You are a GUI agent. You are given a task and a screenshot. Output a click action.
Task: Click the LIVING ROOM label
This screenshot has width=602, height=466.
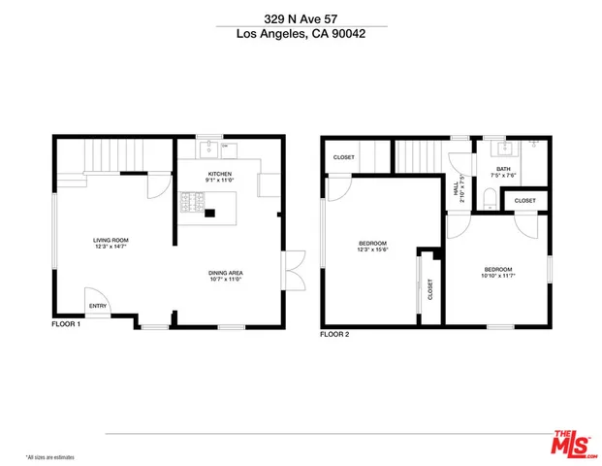[111, 240]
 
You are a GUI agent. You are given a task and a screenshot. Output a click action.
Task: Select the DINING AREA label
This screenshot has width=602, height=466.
[225, 273]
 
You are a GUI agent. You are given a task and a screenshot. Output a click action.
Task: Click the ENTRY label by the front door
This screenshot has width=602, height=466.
[98, 306]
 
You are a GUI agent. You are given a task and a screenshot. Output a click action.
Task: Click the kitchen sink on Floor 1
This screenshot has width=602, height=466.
[208, 150]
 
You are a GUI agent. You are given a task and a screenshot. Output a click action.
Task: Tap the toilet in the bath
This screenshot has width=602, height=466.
[489, 201]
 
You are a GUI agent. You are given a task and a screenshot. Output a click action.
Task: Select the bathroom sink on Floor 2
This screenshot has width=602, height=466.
[503, 150]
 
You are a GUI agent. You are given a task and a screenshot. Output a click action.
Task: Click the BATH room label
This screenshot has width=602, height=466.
[503, 169]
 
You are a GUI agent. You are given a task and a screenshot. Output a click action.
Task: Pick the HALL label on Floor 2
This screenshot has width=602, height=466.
[457, 187]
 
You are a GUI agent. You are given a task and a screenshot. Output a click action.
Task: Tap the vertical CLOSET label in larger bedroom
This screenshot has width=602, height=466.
[430, 288]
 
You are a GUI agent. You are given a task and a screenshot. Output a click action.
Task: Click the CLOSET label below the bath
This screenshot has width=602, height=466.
[524, 201]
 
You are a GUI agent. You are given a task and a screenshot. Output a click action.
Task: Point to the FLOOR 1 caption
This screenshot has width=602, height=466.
[66, 324]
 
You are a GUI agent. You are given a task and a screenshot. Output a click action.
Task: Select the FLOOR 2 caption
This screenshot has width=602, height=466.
[334, 334]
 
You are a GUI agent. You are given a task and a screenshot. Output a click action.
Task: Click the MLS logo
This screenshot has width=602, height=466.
[573, 443]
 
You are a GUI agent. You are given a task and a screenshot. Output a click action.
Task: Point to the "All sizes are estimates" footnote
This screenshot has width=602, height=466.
[50, 456]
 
